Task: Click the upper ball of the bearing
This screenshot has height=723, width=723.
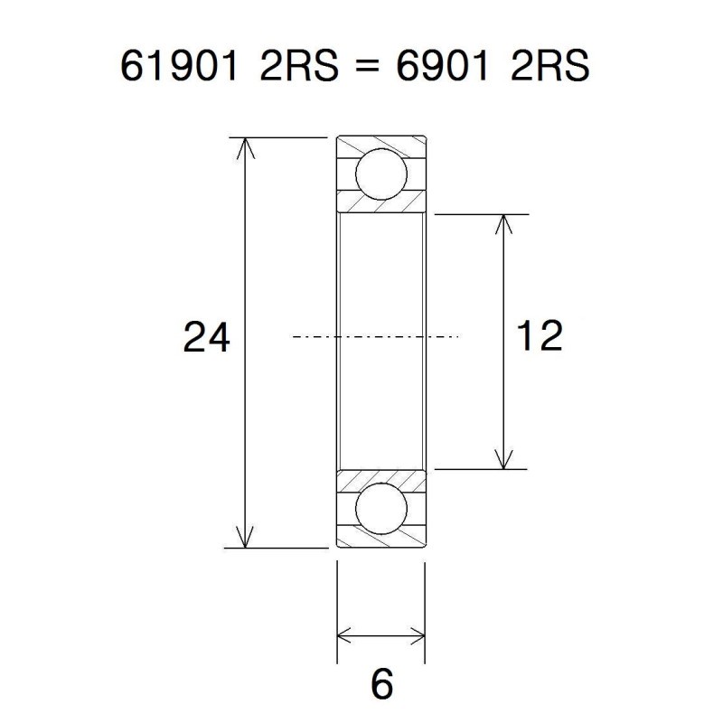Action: (380, 174)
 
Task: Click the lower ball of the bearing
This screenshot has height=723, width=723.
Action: (380, 510)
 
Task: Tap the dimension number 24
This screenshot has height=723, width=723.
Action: (207, 338)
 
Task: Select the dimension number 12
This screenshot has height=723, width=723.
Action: (540, 336)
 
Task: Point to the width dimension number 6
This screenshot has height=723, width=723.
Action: (382, 684)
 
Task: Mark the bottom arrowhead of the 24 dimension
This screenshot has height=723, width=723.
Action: (246, 539)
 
